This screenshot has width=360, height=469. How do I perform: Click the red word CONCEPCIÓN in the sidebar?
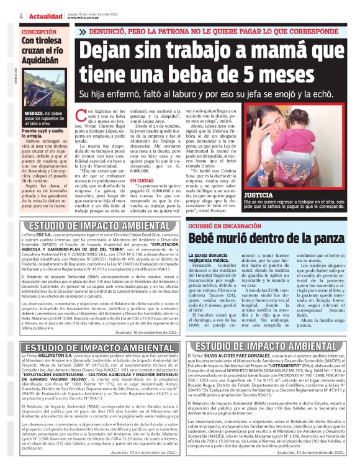tap(38, 31)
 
